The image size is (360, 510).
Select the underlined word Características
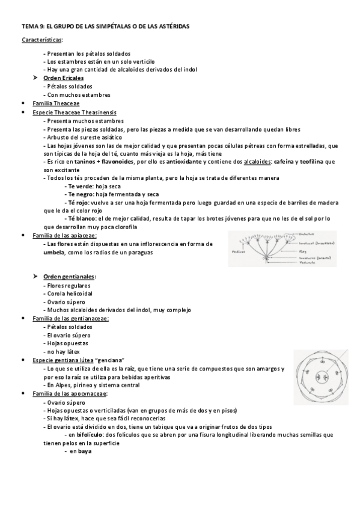click(x=41, y=40)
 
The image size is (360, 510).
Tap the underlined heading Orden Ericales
click(x=64, y=78)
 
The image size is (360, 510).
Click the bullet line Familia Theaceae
click(x=55, y=103)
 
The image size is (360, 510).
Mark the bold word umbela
click(x=53, y=253)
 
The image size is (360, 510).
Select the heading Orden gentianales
click(x=69, y=276)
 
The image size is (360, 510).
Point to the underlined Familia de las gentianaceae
click(x=70, y=318)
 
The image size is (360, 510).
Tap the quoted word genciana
click(x=119, y=360)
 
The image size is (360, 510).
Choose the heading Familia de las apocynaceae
click(x=69, y=393)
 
